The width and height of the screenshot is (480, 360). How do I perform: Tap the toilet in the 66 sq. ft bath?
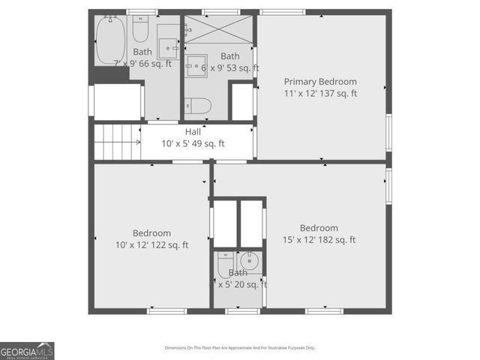point(141,30)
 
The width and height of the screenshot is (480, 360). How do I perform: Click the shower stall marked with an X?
point(219,29)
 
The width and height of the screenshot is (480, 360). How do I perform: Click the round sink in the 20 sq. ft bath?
point(250,262)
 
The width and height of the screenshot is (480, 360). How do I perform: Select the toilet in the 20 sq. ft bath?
point(226,264)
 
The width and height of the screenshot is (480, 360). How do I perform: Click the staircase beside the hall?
point(117,141)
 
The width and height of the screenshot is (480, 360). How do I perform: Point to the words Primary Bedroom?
point(320,82)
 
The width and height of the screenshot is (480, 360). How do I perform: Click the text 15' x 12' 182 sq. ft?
point(318,240)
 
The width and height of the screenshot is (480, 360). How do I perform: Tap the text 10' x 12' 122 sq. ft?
point(151,245)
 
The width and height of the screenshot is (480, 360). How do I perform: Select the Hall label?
point(193,132)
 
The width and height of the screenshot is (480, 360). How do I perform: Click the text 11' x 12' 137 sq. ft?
point(320,94)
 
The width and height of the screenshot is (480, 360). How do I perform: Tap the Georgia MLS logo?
point(27,351)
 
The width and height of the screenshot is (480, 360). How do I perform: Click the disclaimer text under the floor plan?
point(240,348)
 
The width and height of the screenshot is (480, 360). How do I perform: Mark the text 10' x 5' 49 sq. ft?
point(193,144)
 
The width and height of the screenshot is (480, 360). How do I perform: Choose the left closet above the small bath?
point(225,223)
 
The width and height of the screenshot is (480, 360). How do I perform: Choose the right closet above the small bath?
point(251,223)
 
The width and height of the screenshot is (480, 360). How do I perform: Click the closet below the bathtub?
point(117,101)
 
